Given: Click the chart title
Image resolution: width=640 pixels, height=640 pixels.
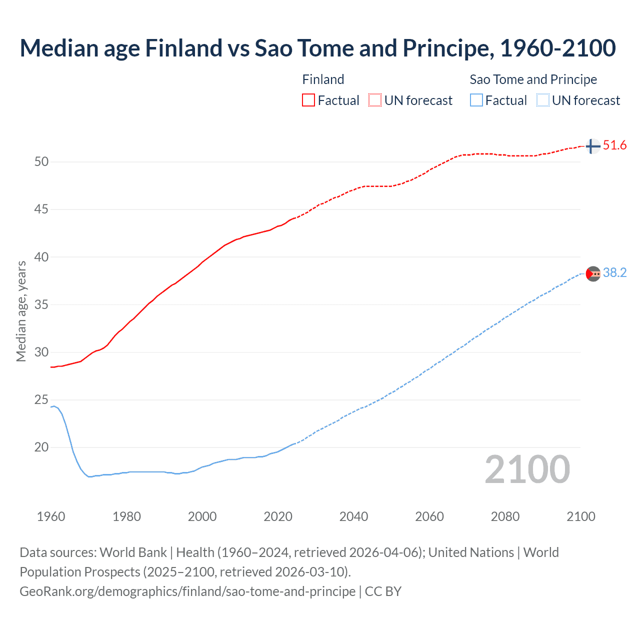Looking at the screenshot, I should (x=317, y=48).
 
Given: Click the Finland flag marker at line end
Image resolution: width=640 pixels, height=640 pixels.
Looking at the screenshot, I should (x=592, y=146).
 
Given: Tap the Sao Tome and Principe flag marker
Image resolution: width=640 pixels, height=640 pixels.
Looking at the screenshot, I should (x=592, y=273).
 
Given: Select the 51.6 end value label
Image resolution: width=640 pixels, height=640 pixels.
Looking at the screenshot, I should (x=614, y=145).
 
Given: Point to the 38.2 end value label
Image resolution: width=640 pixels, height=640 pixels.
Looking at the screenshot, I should (x=614, y=272).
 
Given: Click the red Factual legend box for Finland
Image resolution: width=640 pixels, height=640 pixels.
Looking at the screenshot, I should (x=308, y=100).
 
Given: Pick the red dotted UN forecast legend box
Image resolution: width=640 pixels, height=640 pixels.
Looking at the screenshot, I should (x=375, y=100).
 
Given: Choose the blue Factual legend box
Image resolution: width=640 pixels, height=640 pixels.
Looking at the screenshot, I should (x=476, y=100).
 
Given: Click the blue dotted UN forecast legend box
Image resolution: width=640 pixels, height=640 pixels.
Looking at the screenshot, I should (x=542, y=100).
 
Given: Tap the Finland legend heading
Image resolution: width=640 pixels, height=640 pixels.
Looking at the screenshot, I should (x=323, y=79).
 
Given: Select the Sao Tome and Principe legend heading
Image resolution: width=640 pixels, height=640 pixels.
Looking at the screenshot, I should (x=533, y=79).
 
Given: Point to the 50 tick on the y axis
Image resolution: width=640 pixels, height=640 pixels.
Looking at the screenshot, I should (x=41, y=161).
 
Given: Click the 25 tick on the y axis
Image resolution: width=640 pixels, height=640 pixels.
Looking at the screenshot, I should (x=41, y=399).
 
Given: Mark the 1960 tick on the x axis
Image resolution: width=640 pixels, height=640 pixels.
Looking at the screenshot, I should (x=51, y=516).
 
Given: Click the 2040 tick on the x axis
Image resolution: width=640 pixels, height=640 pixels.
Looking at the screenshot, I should (x=353, y=516).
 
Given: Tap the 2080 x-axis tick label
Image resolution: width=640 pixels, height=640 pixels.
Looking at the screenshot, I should (x=505, y=516).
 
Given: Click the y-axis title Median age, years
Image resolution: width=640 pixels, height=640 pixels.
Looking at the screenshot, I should (x=21, y=311).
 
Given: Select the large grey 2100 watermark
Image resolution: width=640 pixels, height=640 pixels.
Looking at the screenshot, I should (x=527, y=469).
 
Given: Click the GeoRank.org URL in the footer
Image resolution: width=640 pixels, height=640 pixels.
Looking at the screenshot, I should (x=187, y=591).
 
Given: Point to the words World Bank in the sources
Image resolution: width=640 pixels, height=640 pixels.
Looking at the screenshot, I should (x=133, y=552).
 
